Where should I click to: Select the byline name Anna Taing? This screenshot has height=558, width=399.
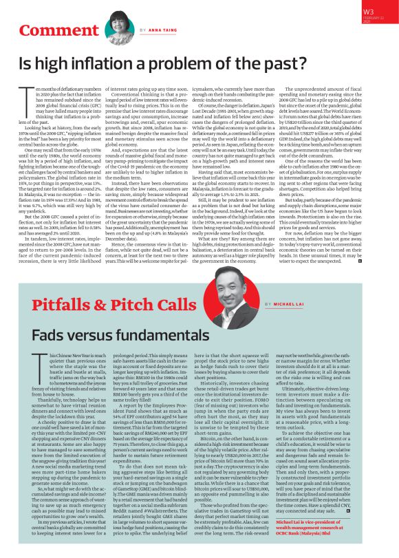tap(164, 31)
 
